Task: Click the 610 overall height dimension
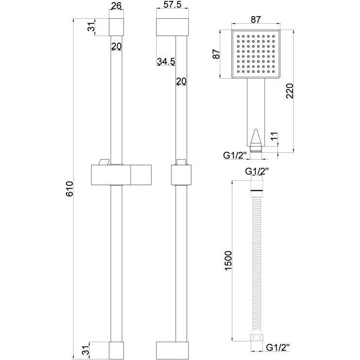[x=69, y=189]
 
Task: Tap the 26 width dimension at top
[x=116, y=6]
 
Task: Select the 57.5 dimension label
[x=172, y=4]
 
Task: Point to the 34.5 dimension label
[x=166, y=62]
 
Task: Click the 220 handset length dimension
[x=290, y=91]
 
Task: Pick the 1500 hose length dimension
[x=229, y=261]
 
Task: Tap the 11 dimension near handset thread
[x=274, y=137]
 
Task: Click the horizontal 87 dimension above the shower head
[x=256, y=19]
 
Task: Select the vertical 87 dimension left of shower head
[x=216, y=54]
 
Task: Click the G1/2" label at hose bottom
[x=278, y=347]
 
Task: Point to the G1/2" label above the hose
[x=257, y=171]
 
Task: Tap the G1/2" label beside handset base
[x=235, y=155]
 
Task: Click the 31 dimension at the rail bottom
[x=85, y=350]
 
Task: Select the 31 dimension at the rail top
[x=91, y=27]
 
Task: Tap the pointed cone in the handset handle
[x=256, y=138]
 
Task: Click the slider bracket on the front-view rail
[x=121, y=175]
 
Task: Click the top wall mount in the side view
[x=172, y=27]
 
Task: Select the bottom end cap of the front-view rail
[x=116, y=350]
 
